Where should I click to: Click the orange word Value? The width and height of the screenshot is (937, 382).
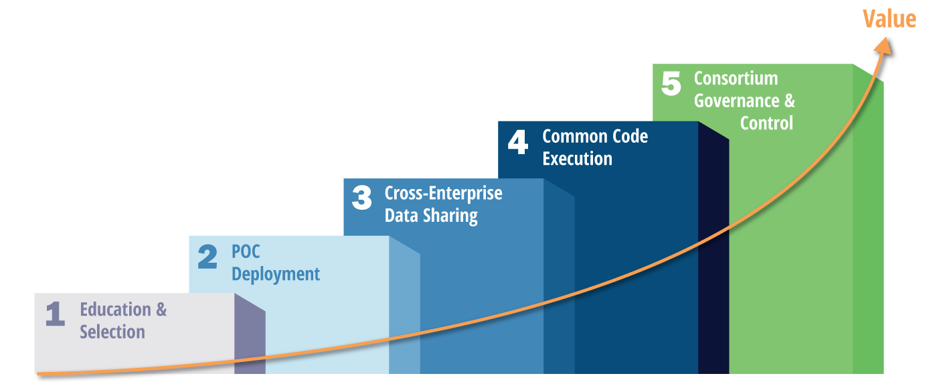point(889,19)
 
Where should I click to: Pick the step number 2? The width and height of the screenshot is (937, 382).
point(207,257)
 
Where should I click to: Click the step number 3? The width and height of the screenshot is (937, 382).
point(361,198)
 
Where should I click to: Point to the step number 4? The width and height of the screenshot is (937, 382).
point(517,142)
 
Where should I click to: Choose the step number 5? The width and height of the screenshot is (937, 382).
point(671,84)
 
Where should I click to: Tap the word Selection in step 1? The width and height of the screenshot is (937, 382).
point(112,332)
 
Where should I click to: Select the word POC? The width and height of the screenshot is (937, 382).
point(246,252)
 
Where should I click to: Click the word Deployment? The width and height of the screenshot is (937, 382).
point(276,275)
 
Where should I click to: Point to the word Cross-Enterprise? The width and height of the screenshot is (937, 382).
point(443,194)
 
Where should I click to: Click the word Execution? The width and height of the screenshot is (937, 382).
point(577,159)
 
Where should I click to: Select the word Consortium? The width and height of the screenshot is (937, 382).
point(736,78)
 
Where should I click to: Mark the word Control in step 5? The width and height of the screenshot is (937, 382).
point(766,123)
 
